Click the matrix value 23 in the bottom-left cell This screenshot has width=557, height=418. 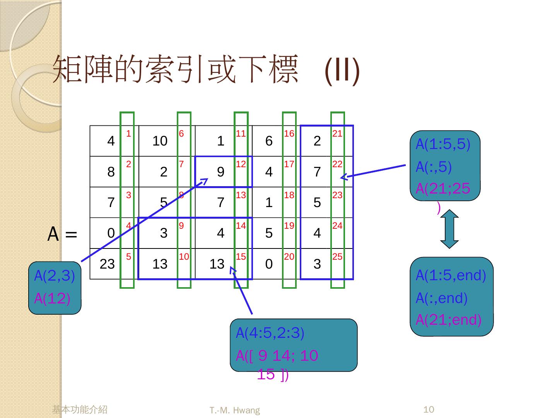107,264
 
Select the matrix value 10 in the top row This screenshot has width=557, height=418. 160,141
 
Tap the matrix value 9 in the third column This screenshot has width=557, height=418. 220,172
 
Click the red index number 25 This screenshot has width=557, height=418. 337,257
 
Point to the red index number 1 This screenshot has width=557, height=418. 128,134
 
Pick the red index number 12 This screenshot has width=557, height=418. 241,164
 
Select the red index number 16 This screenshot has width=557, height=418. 289,134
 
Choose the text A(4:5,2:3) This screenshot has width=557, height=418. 270,332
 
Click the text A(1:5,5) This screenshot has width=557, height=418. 443,144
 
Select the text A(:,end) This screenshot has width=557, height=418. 442,298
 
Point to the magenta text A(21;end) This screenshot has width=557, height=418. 449,320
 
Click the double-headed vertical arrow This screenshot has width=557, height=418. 449,229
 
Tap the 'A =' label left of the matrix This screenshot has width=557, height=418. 62,234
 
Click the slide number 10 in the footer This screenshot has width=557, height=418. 429,409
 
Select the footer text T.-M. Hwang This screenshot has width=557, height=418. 235,410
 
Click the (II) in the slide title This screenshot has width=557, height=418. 342,71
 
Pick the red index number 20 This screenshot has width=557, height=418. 289,257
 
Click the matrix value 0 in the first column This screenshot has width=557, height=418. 111,233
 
